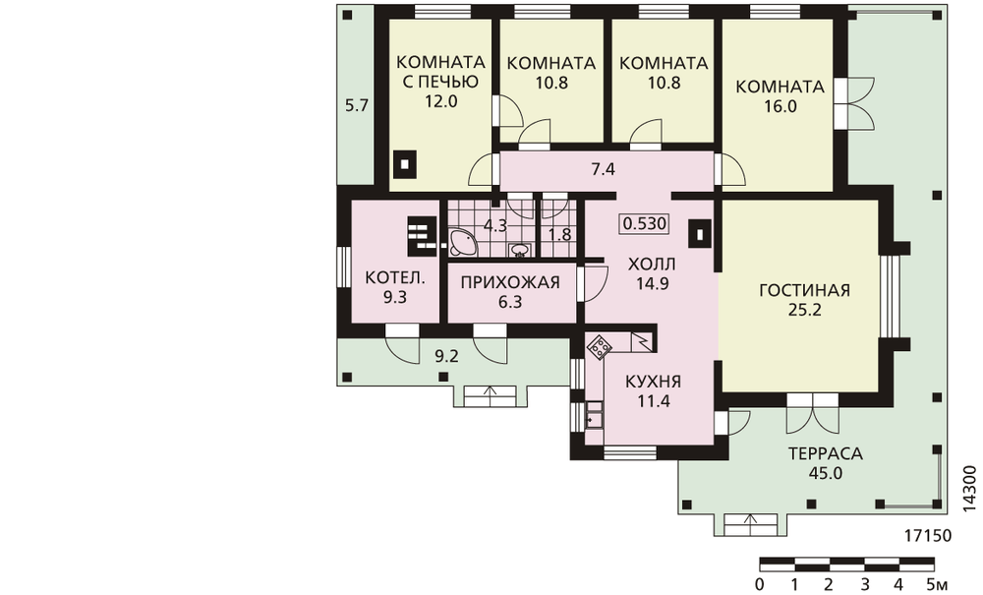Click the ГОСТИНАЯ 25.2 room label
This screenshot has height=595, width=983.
pos(804,300)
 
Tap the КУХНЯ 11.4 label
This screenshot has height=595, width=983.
pos(654,391)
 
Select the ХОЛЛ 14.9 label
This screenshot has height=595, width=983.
pos(652,273)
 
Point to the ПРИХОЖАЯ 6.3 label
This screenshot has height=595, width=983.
pos(510,292)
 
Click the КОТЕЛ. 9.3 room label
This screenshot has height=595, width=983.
pos(395,287)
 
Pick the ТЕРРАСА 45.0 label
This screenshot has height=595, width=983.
pos(826,462)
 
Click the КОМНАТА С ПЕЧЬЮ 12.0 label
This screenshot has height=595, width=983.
pos(441,82)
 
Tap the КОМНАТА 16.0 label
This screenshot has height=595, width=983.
pos(780,96)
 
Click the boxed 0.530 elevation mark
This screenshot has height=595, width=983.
pos(645,223)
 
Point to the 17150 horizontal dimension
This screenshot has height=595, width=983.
pos(928,536)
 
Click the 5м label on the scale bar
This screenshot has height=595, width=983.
pos(937,585)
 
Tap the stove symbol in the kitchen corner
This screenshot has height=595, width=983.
pos(598,347)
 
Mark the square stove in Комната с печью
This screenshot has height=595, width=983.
pos(405,164)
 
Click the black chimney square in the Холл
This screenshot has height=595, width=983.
pos(699,234)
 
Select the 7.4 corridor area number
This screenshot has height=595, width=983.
pos(604,168)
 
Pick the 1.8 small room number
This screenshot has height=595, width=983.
pos(560,234)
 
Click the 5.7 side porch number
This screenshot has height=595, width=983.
pos(357,106)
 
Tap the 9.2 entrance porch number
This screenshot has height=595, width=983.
pos(447,357)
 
